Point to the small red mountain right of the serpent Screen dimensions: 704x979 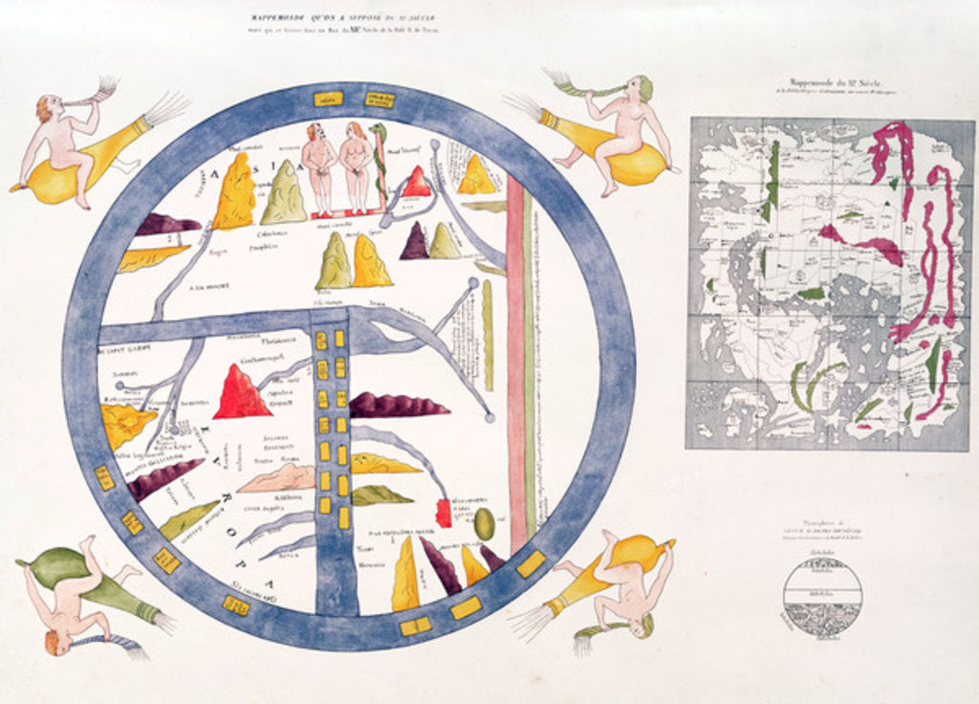click(416, 182)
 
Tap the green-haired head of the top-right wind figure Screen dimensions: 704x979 click(643, 88)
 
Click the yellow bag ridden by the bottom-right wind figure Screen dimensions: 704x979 click(641, 555)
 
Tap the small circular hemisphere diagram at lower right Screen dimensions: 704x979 click(822, 598)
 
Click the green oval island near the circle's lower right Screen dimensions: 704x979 click(485, 523)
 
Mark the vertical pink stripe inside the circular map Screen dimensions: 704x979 click(516, 363)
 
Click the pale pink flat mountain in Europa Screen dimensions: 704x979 click(277, 478)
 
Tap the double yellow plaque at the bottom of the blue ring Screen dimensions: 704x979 click(415, 627)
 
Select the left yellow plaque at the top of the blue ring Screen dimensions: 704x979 click(328, 99)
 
